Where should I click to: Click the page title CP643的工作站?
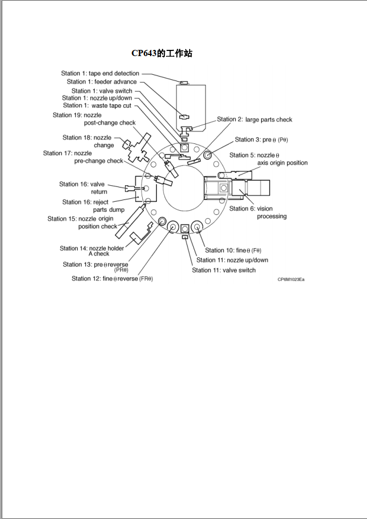162,53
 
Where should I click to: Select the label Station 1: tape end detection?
100,74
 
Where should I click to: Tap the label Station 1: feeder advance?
101,82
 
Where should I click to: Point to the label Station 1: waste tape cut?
97,105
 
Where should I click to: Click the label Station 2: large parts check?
254,120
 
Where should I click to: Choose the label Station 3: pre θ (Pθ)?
261,139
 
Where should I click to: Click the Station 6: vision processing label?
258,212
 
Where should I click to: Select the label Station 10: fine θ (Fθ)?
233,250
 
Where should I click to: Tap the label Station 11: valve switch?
224,270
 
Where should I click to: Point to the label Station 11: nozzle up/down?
232,260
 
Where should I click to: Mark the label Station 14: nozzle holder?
92,251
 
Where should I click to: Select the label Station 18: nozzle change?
88,141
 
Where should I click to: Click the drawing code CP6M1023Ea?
291,279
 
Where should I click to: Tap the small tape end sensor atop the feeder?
184,83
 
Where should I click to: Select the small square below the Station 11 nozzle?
184,237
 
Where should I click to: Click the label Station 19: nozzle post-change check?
94,119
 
